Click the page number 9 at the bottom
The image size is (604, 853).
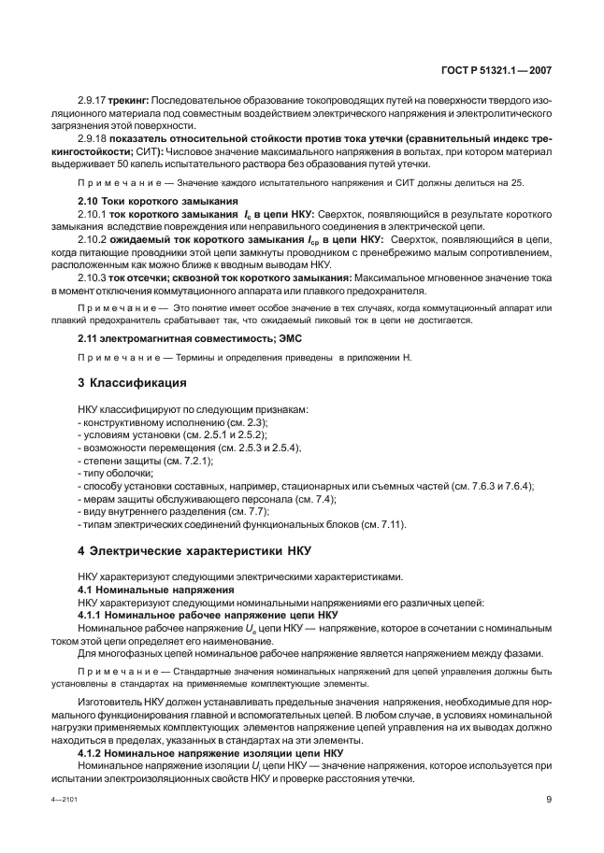coord(549,799)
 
